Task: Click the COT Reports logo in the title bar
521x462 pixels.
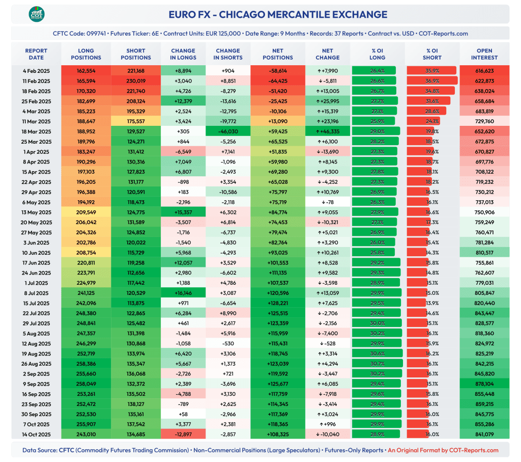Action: click(36, 14)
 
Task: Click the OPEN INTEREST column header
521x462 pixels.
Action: click(484, 54)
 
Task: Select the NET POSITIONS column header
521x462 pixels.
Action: click(278, 54)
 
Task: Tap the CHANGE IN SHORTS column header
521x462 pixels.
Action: click(228, 54)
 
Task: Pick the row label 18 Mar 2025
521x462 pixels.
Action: click(36, 131)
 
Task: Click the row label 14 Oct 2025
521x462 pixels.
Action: click(36, 434)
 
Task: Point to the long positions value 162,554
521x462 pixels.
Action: click(86, 71)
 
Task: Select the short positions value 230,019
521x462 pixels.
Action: click(135, 81)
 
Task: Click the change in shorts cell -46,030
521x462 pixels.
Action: click(228, 131)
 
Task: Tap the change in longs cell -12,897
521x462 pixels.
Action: click(184, 434)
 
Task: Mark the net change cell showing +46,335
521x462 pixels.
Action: click(328, 131)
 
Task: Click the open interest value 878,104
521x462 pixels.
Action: click(484, 384)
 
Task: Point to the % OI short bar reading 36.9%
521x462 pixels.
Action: click(432, 81)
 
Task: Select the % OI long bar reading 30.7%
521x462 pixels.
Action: click(378, 364)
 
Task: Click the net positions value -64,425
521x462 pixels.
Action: click(278, 81)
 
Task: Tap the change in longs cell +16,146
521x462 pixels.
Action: click(184, 293)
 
